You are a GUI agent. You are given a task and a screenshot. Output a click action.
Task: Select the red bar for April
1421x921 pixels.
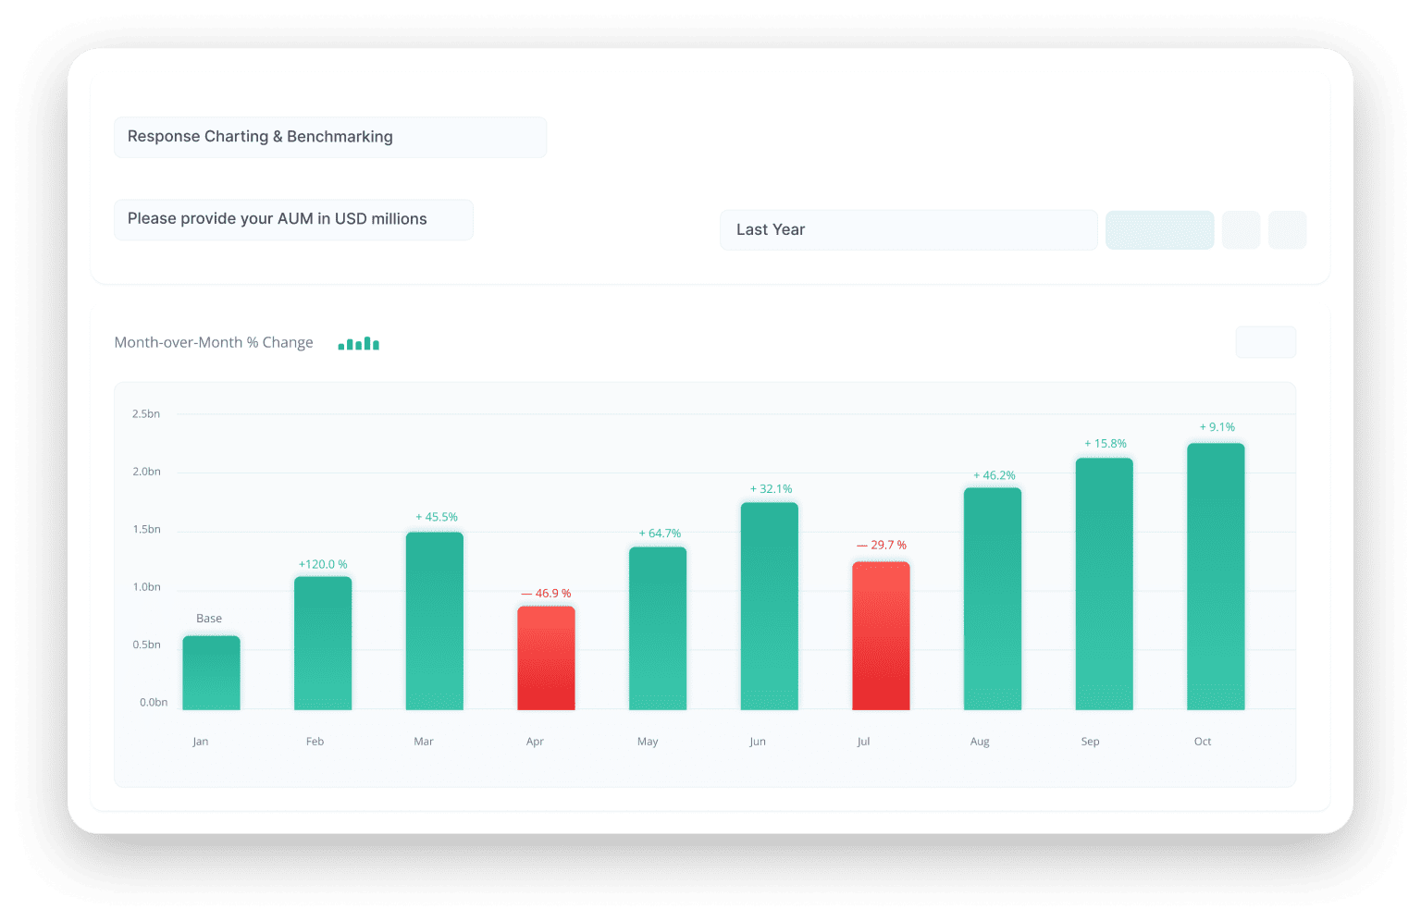[546, 657]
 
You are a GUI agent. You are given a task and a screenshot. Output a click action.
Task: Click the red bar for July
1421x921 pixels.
[881, 635]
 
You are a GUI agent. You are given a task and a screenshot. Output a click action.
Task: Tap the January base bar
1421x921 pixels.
[211, 672]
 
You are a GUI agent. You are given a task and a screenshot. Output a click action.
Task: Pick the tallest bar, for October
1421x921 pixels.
[1216, 576]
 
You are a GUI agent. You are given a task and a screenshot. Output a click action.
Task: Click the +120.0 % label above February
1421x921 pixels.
[323, 564]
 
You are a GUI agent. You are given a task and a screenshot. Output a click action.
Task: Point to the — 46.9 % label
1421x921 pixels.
[546, 594]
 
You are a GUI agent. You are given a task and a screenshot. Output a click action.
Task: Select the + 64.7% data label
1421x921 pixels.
[660, 534]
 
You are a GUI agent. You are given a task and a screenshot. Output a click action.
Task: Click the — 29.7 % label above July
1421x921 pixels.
[882, 546]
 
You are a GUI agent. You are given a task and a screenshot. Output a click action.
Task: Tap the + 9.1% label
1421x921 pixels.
[1217, 427]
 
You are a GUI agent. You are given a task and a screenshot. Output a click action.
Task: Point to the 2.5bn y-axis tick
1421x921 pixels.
[146, 414]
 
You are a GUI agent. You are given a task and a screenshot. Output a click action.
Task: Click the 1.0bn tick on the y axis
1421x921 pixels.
[146, 587]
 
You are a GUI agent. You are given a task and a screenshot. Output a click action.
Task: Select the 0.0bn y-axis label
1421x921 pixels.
[154, 703]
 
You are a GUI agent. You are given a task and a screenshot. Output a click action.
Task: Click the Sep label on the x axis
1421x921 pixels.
[1090, 742]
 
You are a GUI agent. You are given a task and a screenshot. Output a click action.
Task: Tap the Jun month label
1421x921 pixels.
[758, 742]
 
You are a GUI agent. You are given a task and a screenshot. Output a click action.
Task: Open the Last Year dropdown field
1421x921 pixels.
[908, 230]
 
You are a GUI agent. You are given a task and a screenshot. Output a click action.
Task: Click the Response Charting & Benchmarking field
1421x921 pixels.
[330, 137]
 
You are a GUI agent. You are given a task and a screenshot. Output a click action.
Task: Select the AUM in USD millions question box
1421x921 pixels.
[293, 219]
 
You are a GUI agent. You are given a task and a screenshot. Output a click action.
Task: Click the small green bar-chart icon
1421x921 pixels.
[359, 344]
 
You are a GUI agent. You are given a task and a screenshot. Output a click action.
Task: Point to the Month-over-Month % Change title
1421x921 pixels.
[214, 343]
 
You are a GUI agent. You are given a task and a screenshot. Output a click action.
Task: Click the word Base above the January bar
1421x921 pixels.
[209, 619]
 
